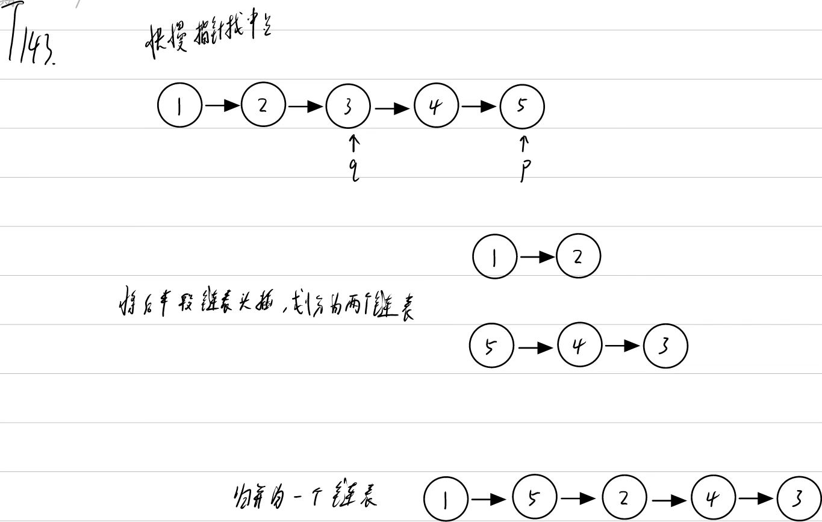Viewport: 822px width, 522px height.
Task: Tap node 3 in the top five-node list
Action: tap(348, 107)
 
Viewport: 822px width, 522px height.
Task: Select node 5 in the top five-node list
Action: tap(522, 107)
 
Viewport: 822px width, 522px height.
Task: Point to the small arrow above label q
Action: tap(354, 143)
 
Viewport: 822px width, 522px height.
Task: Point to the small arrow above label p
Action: tap(524, 143)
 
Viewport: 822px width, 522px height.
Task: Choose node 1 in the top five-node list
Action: tap(179, 107)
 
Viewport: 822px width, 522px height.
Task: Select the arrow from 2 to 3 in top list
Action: tap(305, 107)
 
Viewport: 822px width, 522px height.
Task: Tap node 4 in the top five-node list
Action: tap(436, 107)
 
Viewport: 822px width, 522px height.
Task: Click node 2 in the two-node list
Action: tap(578, 256)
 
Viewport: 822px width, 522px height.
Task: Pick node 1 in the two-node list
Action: tap(495, 257)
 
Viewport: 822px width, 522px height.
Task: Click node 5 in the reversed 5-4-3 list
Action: tap(491, 346)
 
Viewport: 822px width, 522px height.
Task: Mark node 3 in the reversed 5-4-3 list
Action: tap(665, 346)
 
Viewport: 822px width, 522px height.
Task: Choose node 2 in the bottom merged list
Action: tap(624, 498)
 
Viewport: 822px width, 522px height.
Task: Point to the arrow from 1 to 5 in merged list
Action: tap(488, 499)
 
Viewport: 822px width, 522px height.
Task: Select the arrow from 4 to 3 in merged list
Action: tap(756, 499)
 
